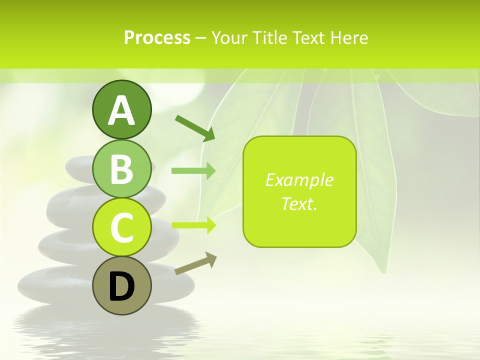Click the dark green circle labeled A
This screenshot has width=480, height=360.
pos(121,109)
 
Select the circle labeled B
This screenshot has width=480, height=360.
pos(121,168)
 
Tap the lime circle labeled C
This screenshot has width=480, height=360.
pos(121,227)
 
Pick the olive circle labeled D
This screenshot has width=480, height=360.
pos(121,285)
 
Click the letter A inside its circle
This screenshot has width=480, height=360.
pos(121,110)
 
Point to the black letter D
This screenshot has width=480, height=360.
pos(121,287)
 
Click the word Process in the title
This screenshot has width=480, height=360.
pos(157,37)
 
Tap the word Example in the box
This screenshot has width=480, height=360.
pos(299,180)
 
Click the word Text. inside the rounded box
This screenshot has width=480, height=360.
pos(299,203)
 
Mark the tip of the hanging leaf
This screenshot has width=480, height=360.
pos(383,270)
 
